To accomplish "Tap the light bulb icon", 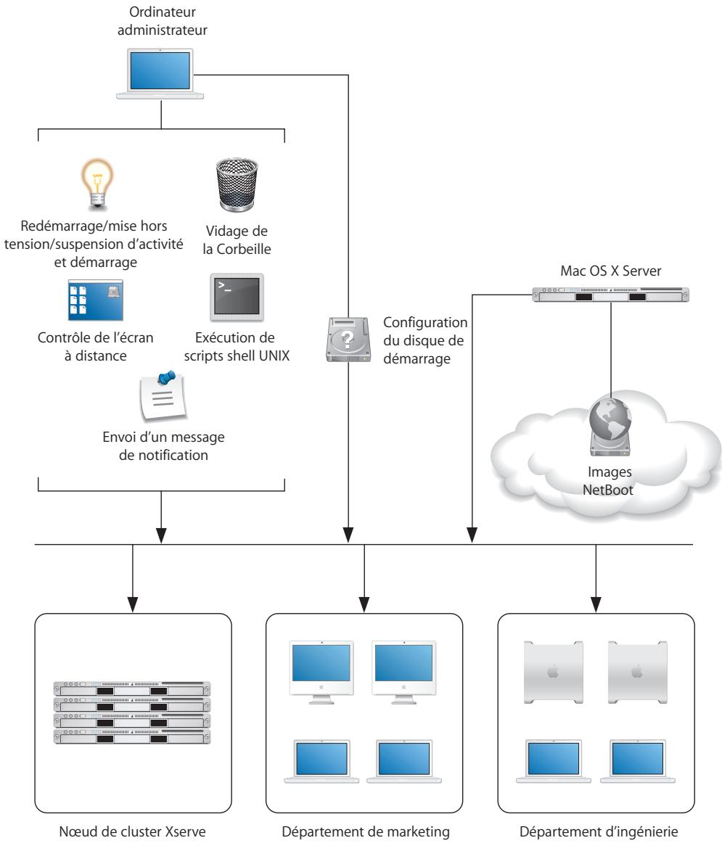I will pos(96,184).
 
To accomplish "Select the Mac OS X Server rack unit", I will pos(610,295).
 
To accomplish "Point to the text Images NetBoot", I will pos(610,480).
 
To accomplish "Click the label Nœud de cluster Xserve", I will pos(132,824).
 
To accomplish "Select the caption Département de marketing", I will pos(364,824).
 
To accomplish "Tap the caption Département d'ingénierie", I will pos(596,824).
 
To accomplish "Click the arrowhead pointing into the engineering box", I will pos(596,603).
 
